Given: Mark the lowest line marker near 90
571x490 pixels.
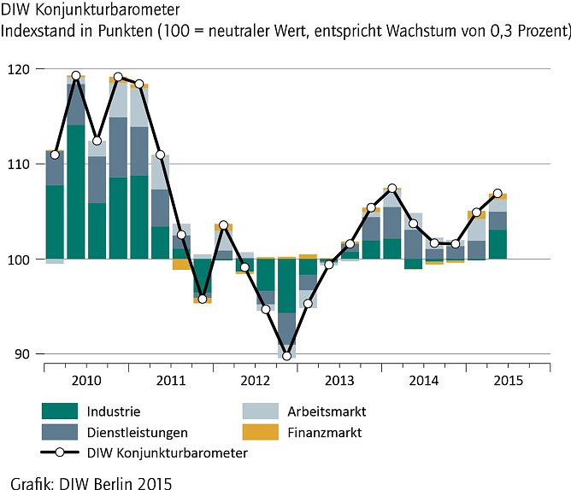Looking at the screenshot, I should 286,355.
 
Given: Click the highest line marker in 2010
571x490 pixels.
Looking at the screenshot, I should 76,75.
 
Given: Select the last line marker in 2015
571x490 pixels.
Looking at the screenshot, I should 497,193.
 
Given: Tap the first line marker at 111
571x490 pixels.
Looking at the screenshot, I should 55,155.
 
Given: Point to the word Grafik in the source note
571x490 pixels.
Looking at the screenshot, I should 34,482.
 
